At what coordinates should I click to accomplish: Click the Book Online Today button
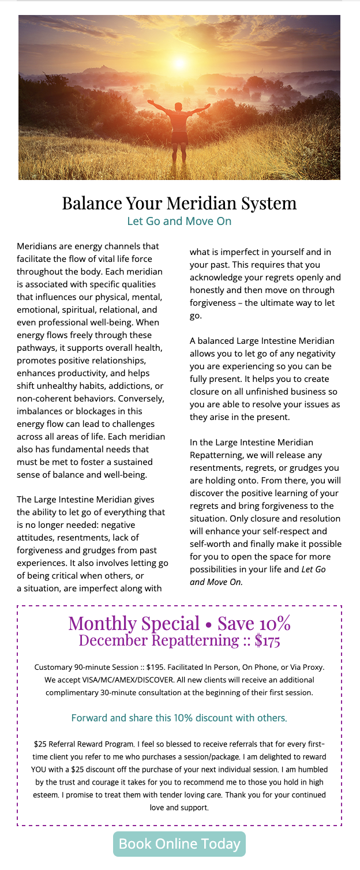179,843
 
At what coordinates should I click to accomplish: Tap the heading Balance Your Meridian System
179,203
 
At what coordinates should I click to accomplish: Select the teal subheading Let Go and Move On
179,221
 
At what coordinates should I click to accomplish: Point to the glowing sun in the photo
181,62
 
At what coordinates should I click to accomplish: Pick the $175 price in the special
262,640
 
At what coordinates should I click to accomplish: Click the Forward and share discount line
179,718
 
